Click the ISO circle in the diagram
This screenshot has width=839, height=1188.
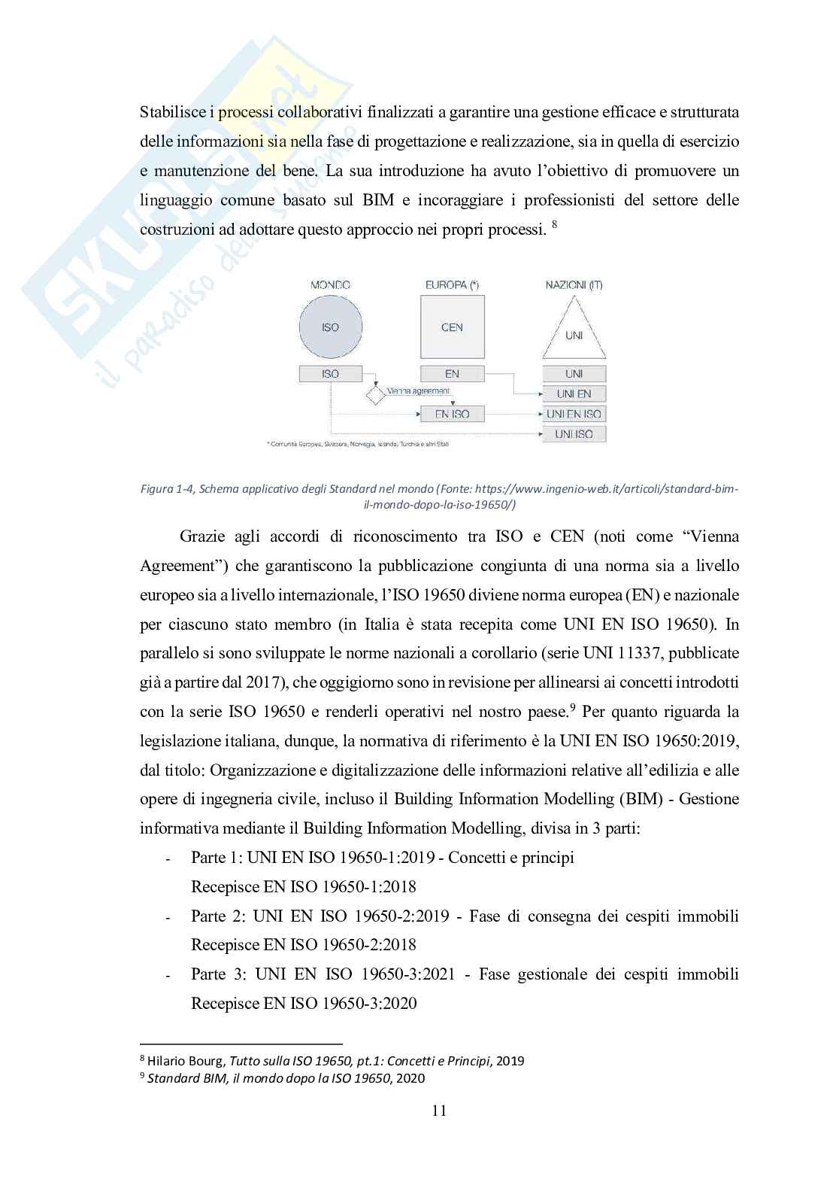[330, 327]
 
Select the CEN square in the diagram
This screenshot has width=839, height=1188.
[452, 327]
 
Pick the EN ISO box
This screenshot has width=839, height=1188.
[452, 414]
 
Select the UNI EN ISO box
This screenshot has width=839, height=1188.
[574, 414]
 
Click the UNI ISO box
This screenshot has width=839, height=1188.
[574, 434]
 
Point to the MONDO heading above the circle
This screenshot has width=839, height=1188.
[330, 285]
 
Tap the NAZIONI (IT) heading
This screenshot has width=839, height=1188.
[574, 285]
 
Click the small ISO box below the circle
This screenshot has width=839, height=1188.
[330, 373]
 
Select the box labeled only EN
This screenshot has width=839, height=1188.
[452, 373]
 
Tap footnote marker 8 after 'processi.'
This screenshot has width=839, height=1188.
[554, 224]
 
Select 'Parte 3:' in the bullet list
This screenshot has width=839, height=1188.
[219, 974]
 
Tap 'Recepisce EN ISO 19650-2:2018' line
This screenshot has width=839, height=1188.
[304, 945]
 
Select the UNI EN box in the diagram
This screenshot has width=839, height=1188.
[574, 393]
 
